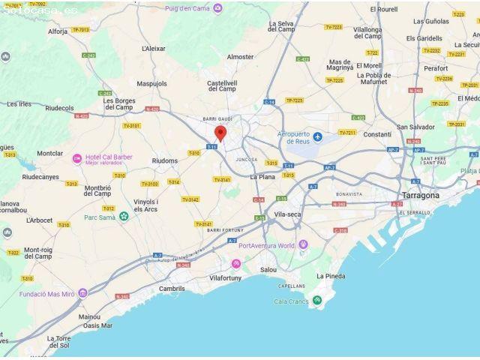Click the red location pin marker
[x=220, y=133]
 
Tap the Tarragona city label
[x=421, y=195]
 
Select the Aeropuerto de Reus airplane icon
[x=317, y=136]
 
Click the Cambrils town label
[x=172, y=289]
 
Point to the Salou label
[x=268, y=269]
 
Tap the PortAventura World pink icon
[x=303, y=245]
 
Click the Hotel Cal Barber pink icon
[x=76, y=158]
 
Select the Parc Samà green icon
[x=124, y=217]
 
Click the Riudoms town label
[x=165, y=160]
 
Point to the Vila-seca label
[x=287, y=214]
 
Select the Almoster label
[x=241, y=57]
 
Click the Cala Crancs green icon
[x=318, y=301]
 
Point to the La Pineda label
[x=331, y=276]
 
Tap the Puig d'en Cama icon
[x=218, y=8]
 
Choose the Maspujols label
[x=152, y=83]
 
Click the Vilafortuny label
[x=226, y=277]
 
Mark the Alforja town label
[x=58, y=32]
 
